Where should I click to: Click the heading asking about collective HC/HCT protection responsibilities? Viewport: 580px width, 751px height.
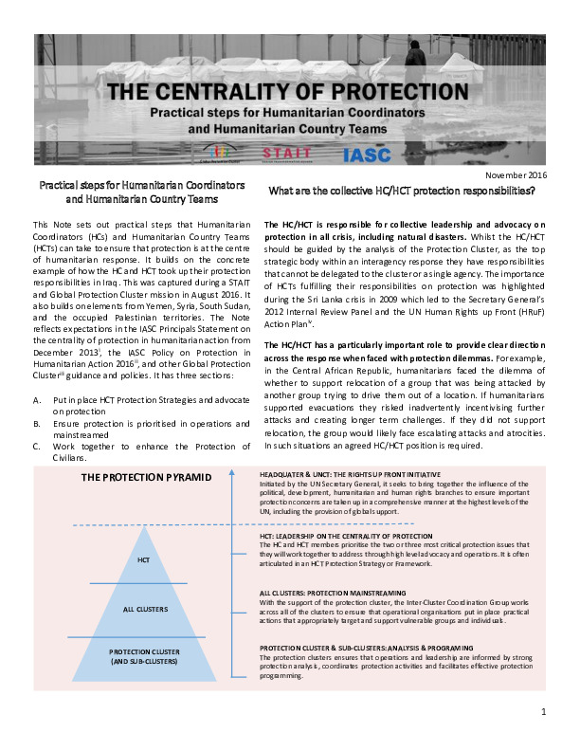point(402,191)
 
